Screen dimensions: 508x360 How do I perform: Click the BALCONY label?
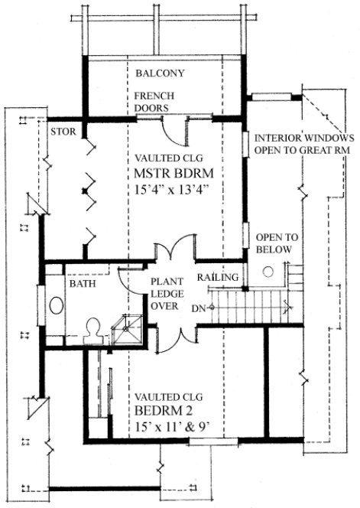click(160, 74)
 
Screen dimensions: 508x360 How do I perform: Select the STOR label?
click(62, 132)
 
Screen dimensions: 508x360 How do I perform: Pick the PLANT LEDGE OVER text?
click(164, 293)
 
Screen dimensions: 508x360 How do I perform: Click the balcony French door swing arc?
click(176, 133)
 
